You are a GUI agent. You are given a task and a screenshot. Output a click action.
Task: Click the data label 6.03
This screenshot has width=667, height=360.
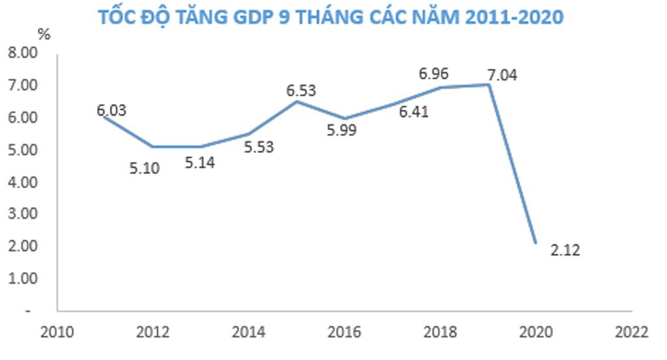[111, 111]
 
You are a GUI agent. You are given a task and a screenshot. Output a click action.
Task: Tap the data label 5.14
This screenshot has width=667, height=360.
[199, 162]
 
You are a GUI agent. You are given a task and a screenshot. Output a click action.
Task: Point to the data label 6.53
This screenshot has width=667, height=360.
[301, 90]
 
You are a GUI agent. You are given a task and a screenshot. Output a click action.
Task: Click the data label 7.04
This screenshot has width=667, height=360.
[502, 75]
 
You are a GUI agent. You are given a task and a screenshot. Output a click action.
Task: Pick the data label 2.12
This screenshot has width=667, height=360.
[564, 250]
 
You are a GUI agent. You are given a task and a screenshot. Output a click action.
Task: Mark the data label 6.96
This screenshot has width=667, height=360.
[433, 74]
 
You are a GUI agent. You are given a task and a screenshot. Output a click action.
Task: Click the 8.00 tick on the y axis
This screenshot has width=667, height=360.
[23, 53]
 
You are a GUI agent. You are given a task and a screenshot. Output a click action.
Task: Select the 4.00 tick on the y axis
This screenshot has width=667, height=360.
[23, 182]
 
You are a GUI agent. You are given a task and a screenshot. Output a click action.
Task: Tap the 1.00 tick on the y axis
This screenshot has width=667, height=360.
[23, 278]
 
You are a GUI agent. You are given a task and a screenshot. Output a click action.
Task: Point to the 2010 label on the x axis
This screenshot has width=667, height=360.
[57, 332]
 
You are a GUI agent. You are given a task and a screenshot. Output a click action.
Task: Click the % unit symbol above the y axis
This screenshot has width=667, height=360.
[44, 35]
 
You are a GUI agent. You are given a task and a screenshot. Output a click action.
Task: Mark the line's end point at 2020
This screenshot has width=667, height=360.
[535, 243]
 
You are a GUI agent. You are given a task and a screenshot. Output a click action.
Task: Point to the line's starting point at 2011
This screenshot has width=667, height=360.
[106, 117]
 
